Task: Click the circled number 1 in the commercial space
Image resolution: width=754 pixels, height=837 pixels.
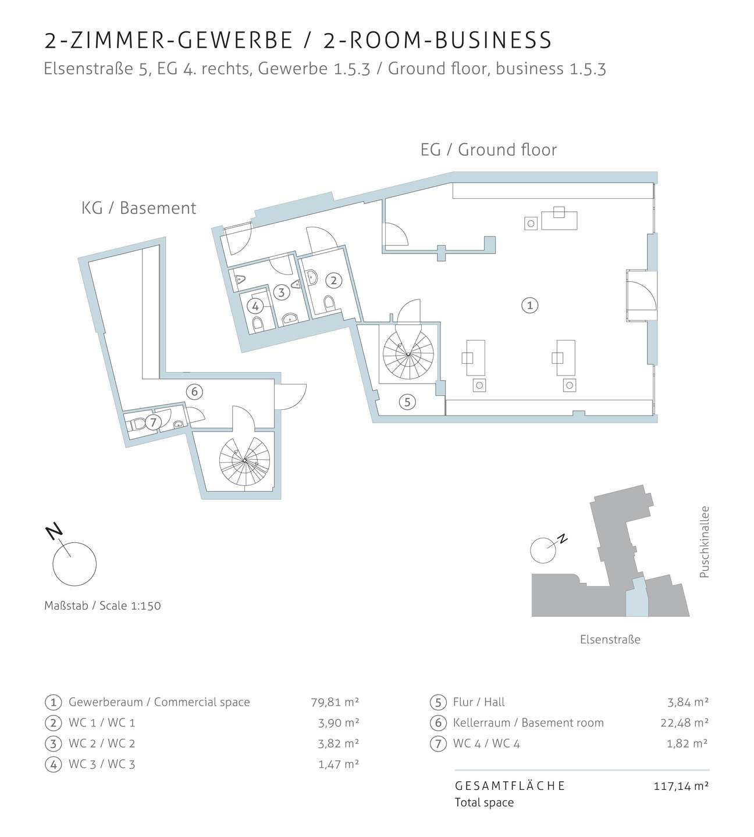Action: tap(529, 305)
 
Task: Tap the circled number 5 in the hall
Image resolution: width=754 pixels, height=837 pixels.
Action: tap(407, 402)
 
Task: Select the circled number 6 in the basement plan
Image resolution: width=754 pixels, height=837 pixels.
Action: tap(194, 392)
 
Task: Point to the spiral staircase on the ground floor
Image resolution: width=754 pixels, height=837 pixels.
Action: tap(408, 354)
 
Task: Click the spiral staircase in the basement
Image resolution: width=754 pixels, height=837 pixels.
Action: tap(244, 461)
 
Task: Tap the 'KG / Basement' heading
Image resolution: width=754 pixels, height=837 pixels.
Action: tap(138, 208)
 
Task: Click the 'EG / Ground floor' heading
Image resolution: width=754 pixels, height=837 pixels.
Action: tap(488, 150)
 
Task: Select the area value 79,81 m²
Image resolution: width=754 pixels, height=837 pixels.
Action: tap(335, 702)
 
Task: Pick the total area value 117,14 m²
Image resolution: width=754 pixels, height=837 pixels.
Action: tap(681, 786)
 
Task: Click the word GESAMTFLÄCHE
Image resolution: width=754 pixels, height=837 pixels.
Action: tap(510, 786)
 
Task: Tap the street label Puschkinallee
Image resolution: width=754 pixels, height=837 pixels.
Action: tap(705, 542)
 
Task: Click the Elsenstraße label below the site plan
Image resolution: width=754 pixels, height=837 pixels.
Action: tap(610, 639)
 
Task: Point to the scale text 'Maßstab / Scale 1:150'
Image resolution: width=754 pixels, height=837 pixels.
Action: tap(102, 606)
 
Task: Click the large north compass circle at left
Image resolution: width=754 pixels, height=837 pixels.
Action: tap(74, 564)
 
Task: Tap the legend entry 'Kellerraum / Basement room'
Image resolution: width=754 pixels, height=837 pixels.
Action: tap(528, 722)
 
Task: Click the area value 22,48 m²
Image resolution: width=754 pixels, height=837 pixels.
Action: tap(684, 722)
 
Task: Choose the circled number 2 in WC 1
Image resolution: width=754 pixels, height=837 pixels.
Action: tap(333, 280)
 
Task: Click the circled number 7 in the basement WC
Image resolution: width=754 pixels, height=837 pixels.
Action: tap(154, 422)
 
